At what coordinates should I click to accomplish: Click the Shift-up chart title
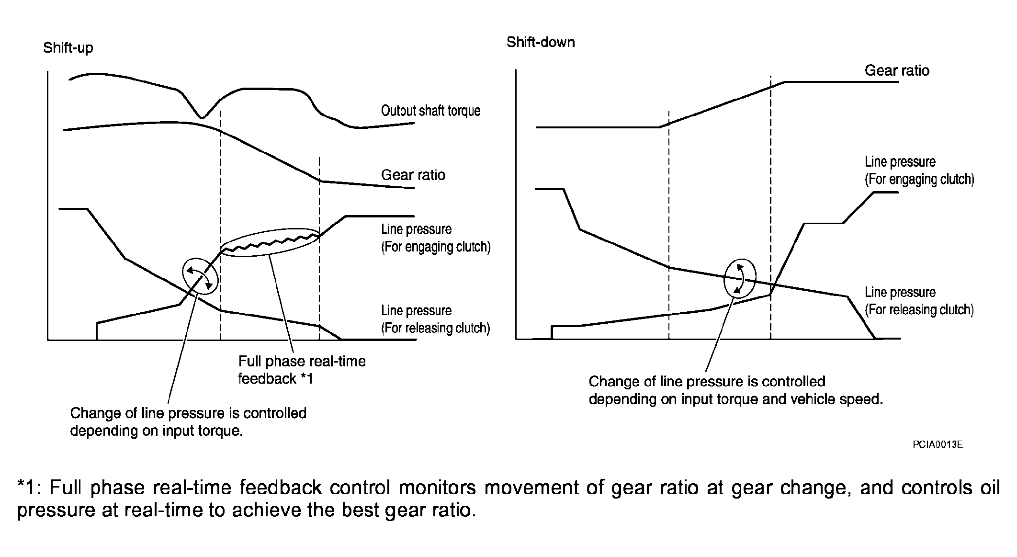click(68, 48)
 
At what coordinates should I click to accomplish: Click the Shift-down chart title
click(541, 42)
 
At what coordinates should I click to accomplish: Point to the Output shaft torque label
click(430, 111)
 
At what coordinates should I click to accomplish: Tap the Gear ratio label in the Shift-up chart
click(413, 175)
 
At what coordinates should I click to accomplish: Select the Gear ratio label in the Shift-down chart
click(897, 70)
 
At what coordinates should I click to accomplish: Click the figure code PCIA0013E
click(938, 444)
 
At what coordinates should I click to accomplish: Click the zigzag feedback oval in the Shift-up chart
click(271, 242)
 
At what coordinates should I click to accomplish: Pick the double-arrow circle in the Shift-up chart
click(200, 277)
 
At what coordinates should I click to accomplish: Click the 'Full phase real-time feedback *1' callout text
click(302, 370)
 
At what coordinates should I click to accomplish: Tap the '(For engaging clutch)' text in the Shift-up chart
click(436, 247)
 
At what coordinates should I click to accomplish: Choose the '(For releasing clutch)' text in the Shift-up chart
click(435, 328)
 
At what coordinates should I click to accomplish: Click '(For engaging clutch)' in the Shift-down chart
click(919, 179)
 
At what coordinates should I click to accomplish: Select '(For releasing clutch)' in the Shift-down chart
click(919, 310)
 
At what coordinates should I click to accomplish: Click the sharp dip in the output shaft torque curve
click(202, 117)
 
